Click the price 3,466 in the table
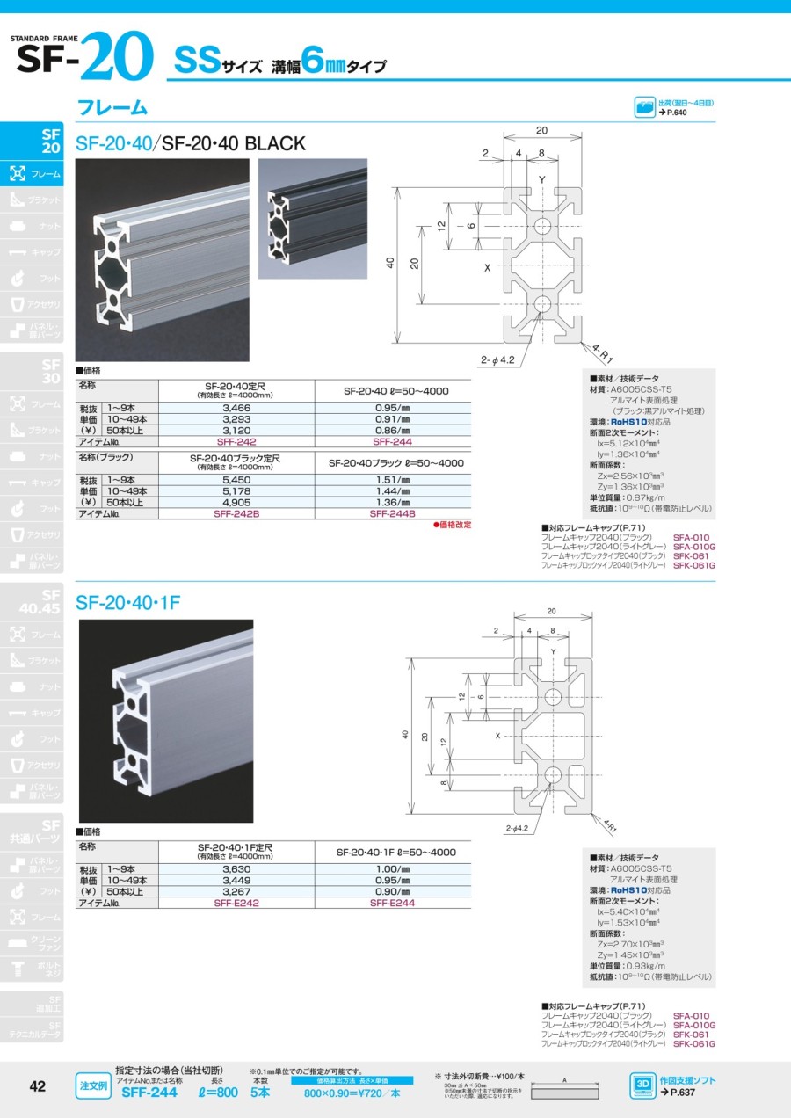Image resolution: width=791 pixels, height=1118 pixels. point(236,409)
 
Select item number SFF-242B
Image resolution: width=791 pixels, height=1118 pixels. point(236,513)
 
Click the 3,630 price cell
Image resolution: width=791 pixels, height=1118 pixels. point(236,869)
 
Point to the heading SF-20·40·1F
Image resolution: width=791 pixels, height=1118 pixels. point(127,603)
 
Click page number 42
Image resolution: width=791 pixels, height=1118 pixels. point(38,1086)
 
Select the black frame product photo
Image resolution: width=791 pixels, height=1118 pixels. point(313,219)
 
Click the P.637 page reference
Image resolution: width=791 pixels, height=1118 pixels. point(677,1092)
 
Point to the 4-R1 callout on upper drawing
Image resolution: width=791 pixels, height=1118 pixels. point(602,353)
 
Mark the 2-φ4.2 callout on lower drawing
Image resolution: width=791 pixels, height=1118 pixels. point(519,828)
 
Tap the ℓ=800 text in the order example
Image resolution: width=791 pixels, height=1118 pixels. point(216,1093)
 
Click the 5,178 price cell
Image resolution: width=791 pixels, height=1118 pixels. point(236,491)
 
